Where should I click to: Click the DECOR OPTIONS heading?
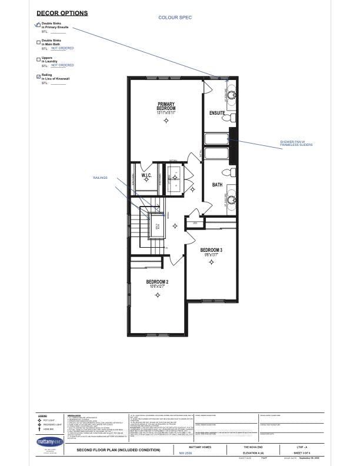point(62,13)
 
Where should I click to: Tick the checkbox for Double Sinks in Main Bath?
point(39,42)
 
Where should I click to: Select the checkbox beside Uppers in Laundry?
point(39,59)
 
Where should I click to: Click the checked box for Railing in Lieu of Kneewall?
point(39,76)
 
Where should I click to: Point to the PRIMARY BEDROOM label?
point(166,106)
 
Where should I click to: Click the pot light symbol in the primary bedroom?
point(166,121)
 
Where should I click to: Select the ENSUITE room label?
point(217,112)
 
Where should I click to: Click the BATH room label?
point(217,185)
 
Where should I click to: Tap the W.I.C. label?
point(146,175)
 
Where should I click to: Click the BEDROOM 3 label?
point(211,250)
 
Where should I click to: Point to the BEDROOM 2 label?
point(157,282)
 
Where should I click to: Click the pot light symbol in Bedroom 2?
point(157,295)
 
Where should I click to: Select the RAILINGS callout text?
point(101,177)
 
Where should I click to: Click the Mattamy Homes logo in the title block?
point(49,440)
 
